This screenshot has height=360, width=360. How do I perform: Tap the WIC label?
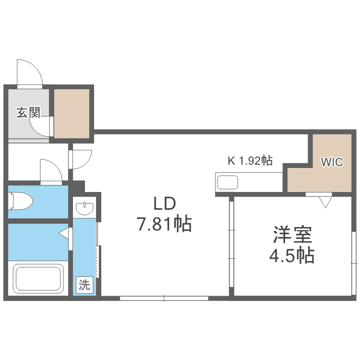pos(332,162)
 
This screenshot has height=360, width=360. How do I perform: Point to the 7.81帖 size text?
pos(165,224)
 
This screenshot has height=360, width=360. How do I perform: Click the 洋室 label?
pos(293,235)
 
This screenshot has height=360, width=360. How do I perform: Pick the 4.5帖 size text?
pos(291,255)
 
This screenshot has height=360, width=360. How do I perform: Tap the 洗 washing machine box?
pos(84,286)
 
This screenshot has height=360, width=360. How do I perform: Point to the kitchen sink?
pos(228,182)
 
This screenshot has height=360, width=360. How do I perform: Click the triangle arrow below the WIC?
pos(325,201)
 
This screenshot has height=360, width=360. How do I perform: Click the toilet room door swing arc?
pos(51,172)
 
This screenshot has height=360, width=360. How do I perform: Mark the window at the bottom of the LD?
pos(164,298)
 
